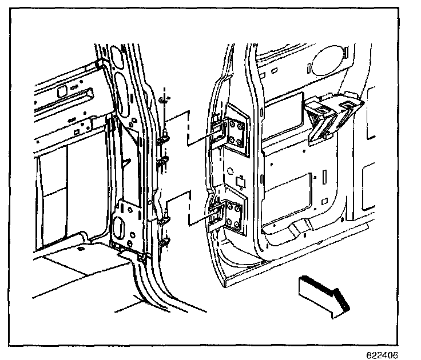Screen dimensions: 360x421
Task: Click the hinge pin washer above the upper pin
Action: click(x=164, y=99)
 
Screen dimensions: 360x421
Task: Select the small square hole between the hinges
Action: click(x=241, y=180)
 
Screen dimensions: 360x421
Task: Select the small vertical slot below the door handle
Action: click(x=324, y=174)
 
